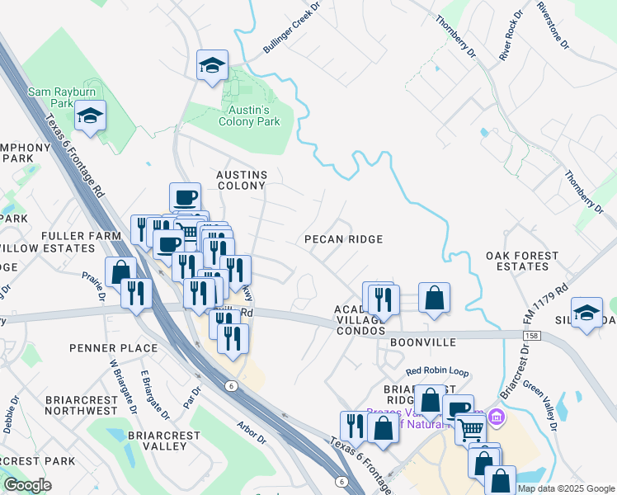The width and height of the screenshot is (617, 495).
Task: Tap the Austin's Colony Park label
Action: [249, 115]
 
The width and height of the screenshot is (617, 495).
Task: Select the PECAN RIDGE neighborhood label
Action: [343, 239]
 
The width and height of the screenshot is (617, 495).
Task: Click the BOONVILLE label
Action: [422, 341]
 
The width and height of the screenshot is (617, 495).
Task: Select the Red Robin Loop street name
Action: [436, 373]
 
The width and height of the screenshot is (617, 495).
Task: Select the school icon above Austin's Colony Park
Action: [212, 64]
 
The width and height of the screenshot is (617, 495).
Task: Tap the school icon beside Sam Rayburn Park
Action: [90, 115]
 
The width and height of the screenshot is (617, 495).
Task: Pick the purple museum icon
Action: [494, 417]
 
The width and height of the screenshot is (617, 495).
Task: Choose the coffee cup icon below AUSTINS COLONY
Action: [185, 196]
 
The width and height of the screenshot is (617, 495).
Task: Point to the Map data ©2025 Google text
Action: [566, 488]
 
